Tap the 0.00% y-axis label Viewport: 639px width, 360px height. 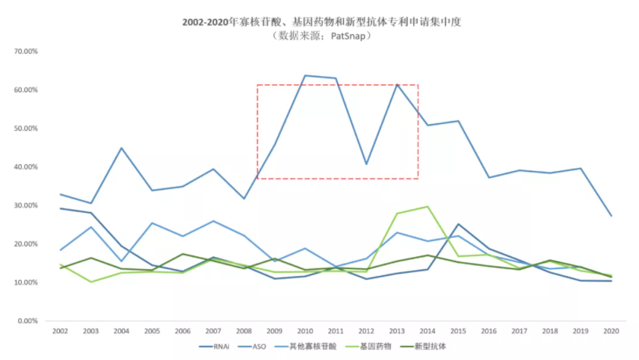tap(28, 321)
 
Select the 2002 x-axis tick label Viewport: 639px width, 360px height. tap(60, 330)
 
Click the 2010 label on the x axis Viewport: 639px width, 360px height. tap(304, 330)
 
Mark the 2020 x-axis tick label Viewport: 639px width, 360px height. tap(611, 330)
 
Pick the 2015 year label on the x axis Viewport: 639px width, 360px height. tap(457, 330)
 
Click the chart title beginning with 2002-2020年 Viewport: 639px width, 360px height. tap(321, 22)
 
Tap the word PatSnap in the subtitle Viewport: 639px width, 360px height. tap(351, 35)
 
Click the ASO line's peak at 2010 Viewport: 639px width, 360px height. tap(305, 75)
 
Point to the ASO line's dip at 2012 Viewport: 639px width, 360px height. tap(366, 164)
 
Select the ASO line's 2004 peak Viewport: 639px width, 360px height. tap(121, 148)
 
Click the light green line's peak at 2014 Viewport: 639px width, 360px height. tap(427, 207)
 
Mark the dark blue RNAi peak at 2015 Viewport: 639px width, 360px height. tap(457, 224)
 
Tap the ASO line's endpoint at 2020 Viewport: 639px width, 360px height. tap(611, 216)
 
